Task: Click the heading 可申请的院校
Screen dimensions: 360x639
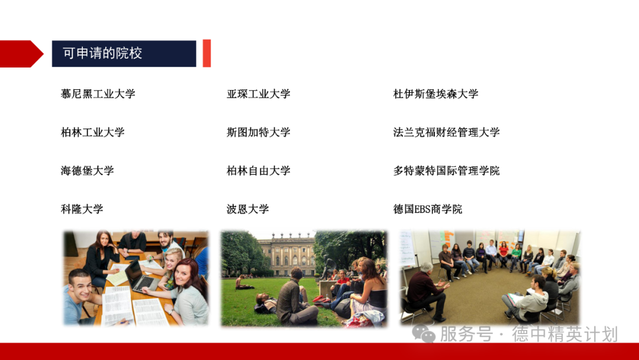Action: coord(103,53)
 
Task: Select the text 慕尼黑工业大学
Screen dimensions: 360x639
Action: coord(98,94)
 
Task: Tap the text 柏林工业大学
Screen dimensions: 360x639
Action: coord(92,132)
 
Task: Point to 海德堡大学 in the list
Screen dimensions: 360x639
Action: coord(87,171)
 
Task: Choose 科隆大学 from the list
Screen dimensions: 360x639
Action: coord(82,209)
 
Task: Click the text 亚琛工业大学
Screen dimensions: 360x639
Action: coord(258,94)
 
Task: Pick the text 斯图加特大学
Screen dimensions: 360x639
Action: coord(258,132)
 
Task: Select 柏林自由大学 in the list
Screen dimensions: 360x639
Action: coord(258,171)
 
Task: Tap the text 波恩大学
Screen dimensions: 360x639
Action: coord(247,209)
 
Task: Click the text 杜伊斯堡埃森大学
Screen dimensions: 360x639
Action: coord(435,94)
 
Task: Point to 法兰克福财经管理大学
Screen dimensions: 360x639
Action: coord(446,132)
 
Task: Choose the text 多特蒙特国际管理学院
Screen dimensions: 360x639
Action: coord(446,171)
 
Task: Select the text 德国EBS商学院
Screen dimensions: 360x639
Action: coord(428,209)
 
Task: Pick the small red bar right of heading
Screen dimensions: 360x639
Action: coord(206,53)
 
